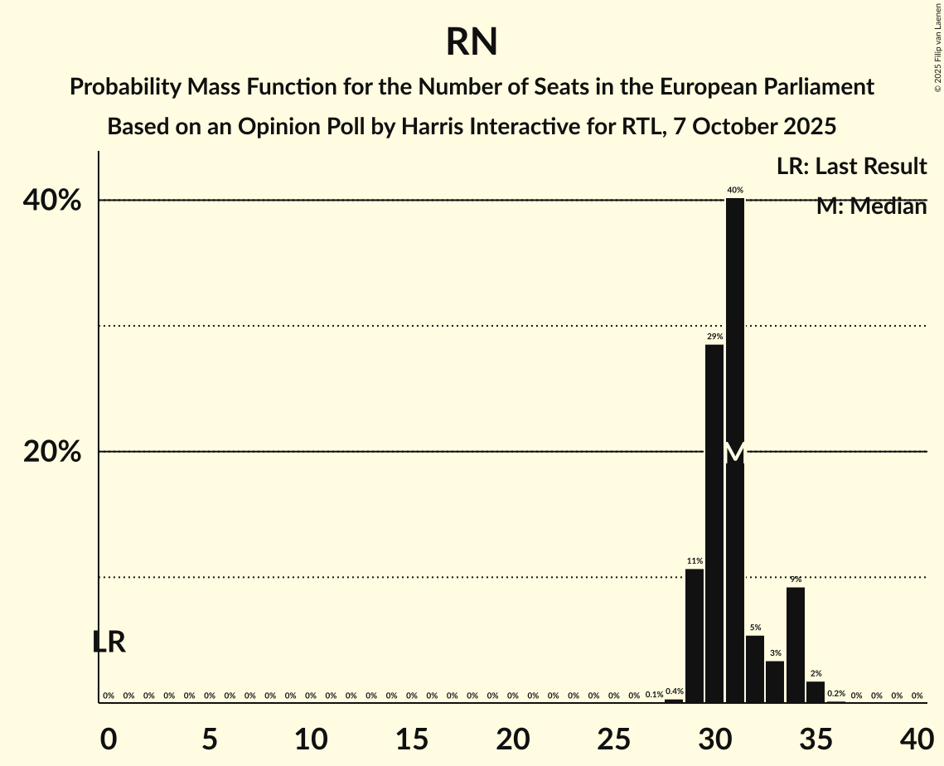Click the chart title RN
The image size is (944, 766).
click(472, 41)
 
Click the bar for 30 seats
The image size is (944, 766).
click(714, 522)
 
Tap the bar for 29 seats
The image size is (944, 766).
click(695, 635)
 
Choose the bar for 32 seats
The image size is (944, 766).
click(755, 668)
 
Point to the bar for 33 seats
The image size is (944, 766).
click(775, 681)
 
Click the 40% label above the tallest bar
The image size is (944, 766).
click(735, 190)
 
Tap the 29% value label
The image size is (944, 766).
click(714, 337)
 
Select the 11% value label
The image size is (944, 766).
click(695, 561)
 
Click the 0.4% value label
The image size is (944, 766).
click(674, 691)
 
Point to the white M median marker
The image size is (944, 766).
click(735, 453)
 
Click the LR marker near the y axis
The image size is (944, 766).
click(109, 642)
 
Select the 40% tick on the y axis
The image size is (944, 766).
click(57, 201)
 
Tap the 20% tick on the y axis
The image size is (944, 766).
click(57, 453)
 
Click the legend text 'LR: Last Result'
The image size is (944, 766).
click(851, 167)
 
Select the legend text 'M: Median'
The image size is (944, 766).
click(871, 206)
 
